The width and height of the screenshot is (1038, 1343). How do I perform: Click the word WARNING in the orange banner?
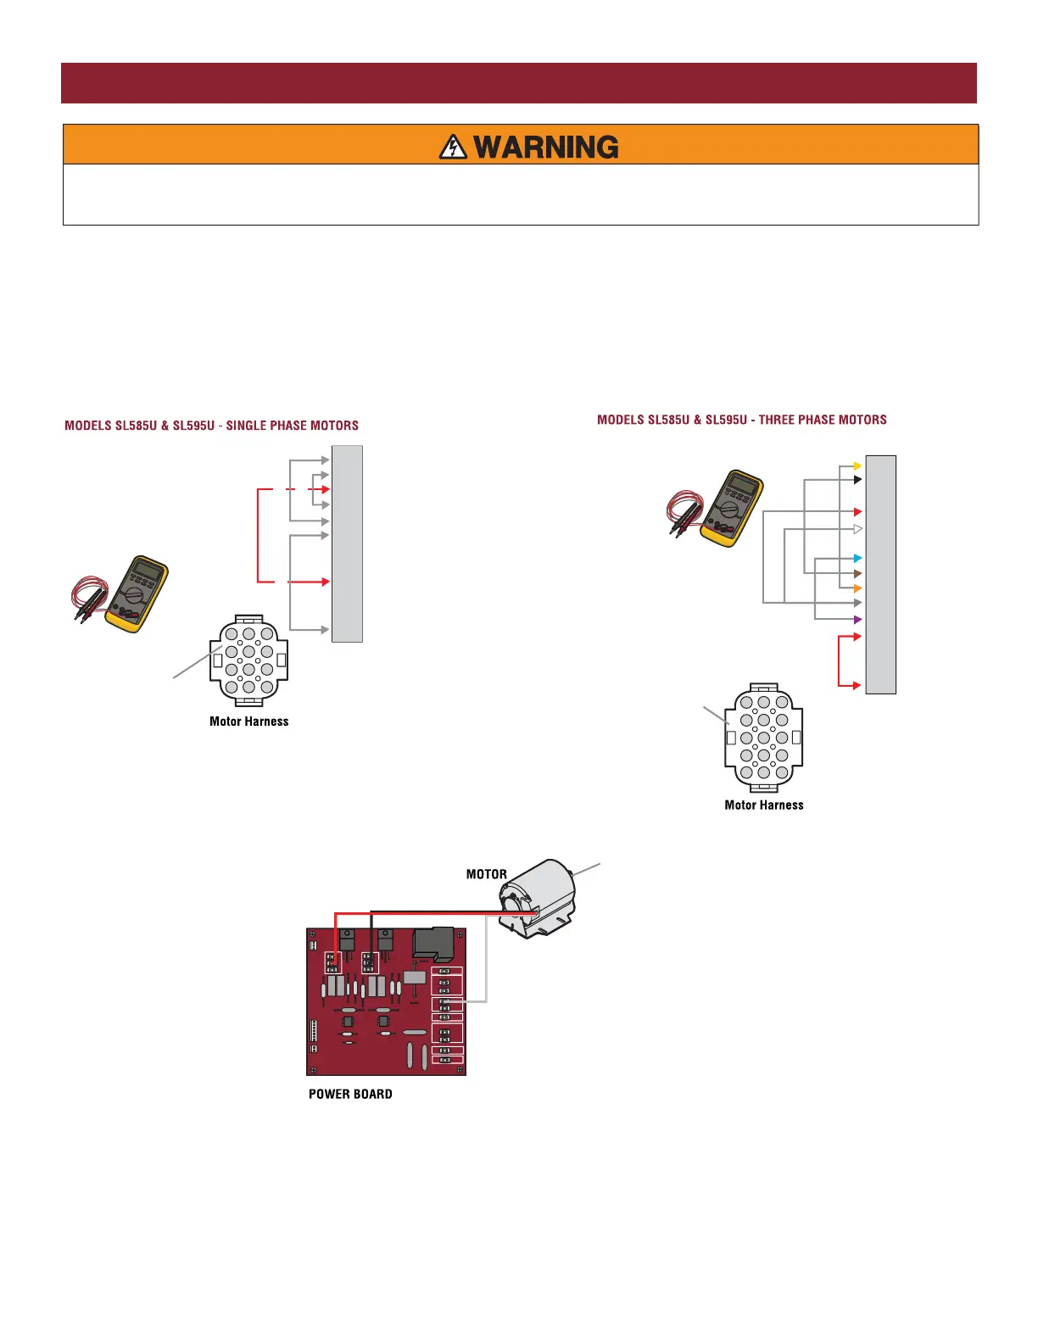tap(546, 148)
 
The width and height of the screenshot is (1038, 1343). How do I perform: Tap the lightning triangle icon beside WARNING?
tap(454, 148)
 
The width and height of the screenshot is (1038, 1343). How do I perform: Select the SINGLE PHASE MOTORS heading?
tap(212, 426)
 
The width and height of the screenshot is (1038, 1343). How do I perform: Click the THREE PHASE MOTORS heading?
tap(742, 420)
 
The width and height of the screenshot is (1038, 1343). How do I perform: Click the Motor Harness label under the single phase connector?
tap(249, 722)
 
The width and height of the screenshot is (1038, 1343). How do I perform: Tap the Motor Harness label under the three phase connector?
tap(764, 805)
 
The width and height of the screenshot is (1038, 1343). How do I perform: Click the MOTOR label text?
tap(487, 874)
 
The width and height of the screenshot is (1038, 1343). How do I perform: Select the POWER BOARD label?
tap(350, 1095)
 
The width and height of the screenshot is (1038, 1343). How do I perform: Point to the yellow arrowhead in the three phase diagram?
tap(857, 466)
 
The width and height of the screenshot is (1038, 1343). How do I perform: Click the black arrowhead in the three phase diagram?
tap(857, 480)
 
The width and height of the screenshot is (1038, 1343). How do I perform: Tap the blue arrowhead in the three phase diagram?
tap(857, 559)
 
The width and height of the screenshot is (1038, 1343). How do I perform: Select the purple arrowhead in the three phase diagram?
tap(857, 620)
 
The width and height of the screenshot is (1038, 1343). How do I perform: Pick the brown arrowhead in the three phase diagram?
tap(857, 574)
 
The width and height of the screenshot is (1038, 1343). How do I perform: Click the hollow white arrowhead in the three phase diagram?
tap(857, 529)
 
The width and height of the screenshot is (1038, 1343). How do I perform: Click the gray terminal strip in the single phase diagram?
tap(347, 543)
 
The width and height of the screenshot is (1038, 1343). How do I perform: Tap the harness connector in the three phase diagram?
tap(763, 738)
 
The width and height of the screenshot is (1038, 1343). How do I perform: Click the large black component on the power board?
tap(432, 944)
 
